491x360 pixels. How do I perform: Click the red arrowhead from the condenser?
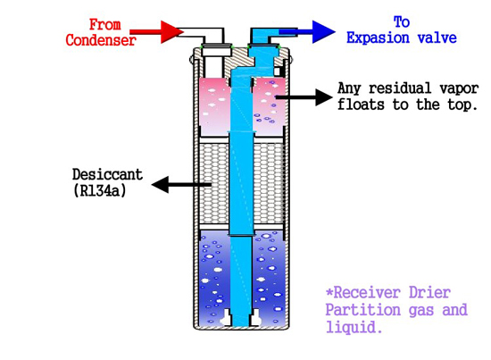tap(171, 31)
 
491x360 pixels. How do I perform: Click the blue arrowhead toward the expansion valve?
tap(323, 31)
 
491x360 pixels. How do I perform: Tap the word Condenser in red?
tap(101, 40)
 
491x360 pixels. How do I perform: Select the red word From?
tap(105, 24)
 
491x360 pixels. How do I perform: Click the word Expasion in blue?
tap(378, 38)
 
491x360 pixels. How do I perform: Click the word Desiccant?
tap(107, 174)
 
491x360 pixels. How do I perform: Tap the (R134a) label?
tap(100, 190)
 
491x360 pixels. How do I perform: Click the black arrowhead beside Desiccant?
tap(160, 185)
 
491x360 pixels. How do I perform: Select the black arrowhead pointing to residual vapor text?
tap(323, 97)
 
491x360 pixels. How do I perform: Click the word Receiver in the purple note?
tap(367, 293)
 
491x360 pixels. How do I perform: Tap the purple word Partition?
tap(363, 310)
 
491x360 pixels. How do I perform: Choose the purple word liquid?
tap(354, 328)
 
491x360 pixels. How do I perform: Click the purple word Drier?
tap(429, 293)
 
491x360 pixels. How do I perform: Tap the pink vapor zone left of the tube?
tap(214, 106)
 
